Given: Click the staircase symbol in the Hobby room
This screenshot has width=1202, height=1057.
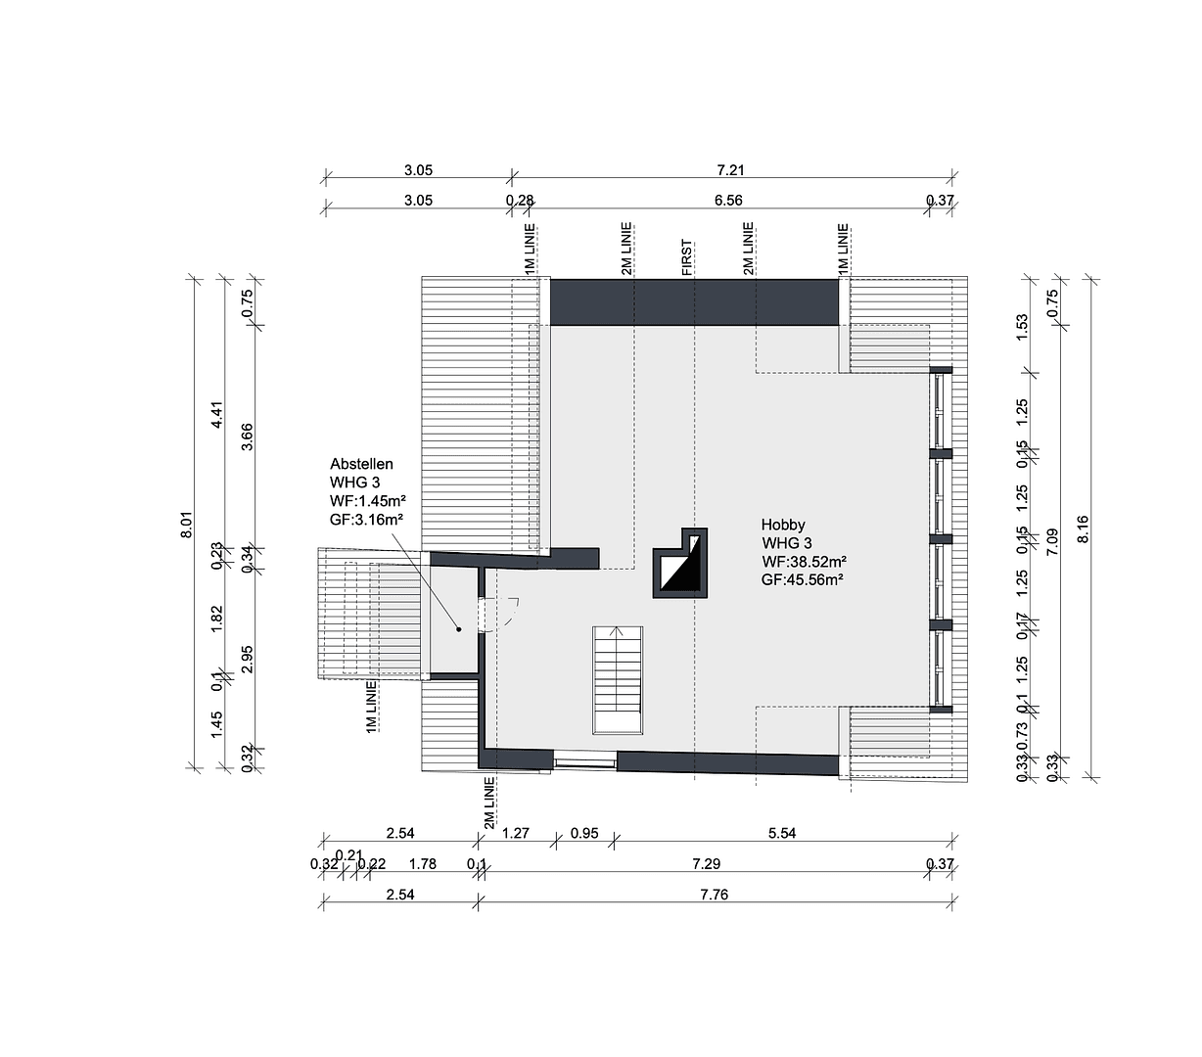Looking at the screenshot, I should [x=618, y=679].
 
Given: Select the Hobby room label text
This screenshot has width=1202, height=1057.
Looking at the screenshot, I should [x=803, y=552].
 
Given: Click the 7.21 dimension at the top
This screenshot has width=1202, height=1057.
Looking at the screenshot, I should [x=730, y=170].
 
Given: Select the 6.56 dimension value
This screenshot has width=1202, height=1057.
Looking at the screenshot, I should [x=729, y=201].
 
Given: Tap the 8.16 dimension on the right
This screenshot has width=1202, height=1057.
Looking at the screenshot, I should [x=1083, y=528].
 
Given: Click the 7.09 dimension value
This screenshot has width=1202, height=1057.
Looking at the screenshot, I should [x=1052, y=542].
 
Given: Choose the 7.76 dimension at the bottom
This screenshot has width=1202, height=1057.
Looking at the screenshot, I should [x=714, y=895].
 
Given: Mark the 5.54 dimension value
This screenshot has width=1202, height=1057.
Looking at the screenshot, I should [x=782, y=834].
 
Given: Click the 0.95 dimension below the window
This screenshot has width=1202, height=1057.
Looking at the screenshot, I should [x=584, y=834].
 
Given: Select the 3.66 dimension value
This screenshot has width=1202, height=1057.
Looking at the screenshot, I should [x=248, y=436].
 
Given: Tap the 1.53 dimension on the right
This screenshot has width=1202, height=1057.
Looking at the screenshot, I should [x=1022, y=327].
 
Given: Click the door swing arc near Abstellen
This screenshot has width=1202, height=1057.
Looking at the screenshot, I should [x=510, y=615].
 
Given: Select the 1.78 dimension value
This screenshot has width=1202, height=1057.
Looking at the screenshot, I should [x=422, y=864].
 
